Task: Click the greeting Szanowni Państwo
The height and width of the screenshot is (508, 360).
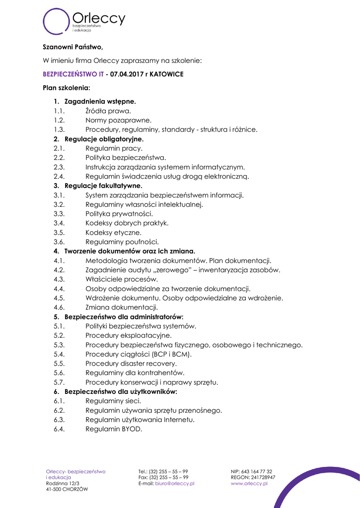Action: (72, 48)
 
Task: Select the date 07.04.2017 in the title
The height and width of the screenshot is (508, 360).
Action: (128, 74)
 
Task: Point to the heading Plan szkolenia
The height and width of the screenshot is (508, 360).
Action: (66, 88)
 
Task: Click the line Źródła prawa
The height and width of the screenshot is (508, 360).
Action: (108, 111)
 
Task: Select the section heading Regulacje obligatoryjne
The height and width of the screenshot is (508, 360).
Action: (104, 139)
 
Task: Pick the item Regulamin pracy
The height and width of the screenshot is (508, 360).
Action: (114, 148)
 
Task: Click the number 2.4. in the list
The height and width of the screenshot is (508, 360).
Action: (60, 176)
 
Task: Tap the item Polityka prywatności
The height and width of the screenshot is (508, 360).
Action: (119, 214)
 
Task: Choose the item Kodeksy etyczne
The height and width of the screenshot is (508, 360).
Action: (113, 232)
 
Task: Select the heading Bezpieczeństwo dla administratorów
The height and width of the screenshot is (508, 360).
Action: (124, 317)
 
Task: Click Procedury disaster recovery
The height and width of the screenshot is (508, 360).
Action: (131, 364)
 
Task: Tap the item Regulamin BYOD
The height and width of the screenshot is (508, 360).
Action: (114, 429)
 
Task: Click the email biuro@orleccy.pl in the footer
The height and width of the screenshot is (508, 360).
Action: (174, 483)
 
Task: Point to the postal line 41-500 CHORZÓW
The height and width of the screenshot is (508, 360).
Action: (67, 489)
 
